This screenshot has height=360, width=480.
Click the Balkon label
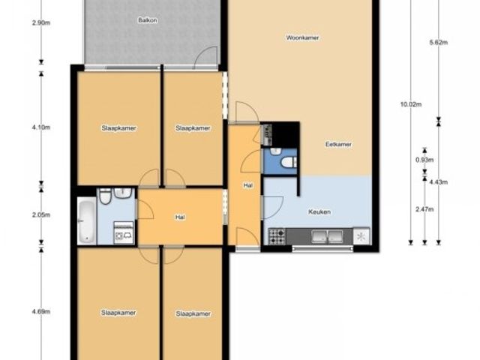click(148, 20)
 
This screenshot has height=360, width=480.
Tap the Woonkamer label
click(302, 37)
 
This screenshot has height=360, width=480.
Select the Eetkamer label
click(338, 144)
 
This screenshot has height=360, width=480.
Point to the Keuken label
click(319, 211)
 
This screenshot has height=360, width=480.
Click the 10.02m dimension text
click(411, 104)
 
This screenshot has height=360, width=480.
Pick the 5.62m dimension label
click(439, 43)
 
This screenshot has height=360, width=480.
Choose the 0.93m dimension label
click(424, 160)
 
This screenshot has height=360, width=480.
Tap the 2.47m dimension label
click(424, 209)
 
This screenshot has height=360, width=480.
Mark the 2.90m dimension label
click(41, 22)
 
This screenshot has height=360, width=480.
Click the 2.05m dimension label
click(41, 215)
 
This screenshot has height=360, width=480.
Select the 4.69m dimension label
click(41, 312)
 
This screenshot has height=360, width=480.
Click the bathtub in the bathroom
click(87, 220)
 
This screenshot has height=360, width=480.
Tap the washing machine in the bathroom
click(124, 233)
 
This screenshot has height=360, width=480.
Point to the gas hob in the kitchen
click(277, 236)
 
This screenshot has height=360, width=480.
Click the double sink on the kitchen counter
click(327, 236)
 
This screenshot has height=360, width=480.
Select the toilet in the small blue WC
click(288, 162)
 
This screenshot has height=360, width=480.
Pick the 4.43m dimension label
click(439, 182)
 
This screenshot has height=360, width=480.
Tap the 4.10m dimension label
click(41, 127)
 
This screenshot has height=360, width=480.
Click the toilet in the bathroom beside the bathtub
click(105, 196)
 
